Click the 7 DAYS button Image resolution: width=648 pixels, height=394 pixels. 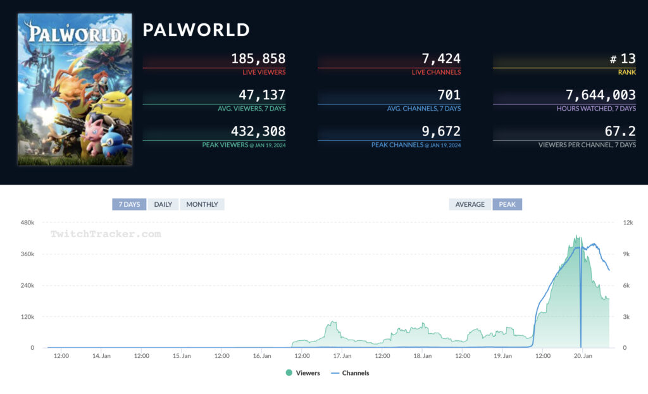point(129,204)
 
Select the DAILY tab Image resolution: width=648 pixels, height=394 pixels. point(163,204)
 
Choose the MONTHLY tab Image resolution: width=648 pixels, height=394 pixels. point(202,204)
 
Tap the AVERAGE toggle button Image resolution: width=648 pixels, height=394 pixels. point(470,204)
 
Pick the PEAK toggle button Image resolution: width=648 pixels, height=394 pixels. point(507,204)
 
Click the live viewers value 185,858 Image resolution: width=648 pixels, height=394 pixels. point(258,59)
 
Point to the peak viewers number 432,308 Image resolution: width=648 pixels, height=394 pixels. point(258,132)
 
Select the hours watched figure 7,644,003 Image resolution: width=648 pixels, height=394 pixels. point(601,95)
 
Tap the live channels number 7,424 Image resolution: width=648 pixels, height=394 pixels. point(441,59)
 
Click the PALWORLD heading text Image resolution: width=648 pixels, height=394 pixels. point(196,30)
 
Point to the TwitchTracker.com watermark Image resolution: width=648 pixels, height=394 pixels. point(106,234)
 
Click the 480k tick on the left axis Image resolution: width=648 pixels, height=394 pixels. point(27,223)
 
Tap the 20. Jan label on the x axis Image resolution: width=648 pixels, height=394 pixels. point(583,356)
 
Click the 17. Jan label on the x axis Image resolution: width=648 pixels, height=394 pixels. point(342,356)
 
